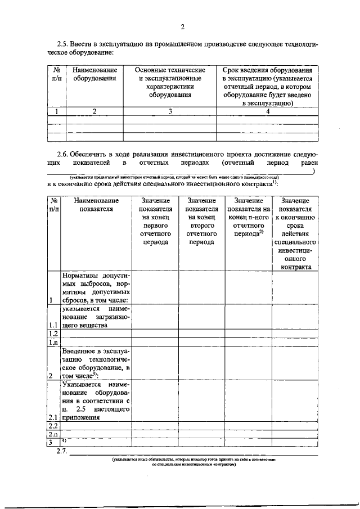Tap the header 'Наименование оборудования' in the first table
click(x=94, y=74)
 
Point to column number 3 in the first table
click(x=170, y=111)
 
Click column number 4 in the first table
click(x=268, y=111)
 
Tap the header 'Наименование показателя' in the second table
click(x=96, y=205)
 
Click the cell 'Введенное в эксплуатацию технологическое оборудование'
click(x=96, y=363)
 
